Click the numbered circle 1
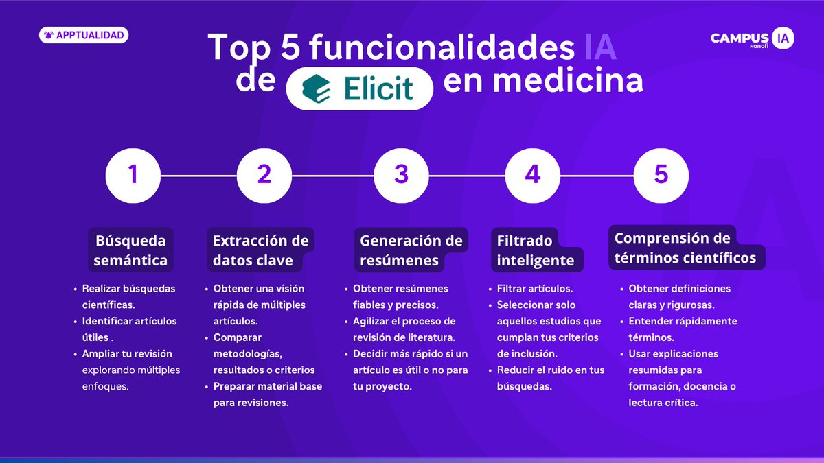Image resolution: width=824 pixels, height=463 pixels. (x=133, y=175)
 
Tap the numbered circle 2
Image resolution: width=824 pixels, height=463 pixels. (x=264, y=175)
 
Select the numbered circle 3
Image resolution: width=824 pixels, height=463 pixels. (x=401, y=175)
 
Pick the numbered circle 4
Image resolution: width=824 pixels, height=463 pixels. (x=532, y=175)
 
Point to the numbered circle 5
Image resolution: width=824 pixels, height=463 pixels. (x=661, y=175)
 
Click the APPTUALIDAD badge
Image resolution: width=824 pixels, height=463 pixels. (x=84, y=34)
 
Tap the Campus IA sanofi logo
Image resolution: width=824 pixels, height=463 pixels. (x=752, y=39)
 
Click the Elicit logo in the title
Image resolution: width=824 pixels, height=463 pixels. (x=360, y=89)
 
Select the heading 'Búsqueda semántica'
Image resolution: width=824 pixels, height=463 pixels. (x=130, y=250)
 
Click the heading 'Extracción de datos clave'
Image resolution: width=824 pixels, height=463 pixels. (x=261, y=250)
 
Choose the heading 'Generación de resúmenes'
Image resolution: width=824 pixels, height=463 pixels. (x=411, y=250)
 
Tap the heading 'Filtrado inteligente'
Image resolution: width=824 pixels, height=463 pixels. (x=536, y=250)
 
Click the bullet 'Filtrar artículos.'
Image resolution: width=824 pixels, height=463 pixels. (x=534, y=289)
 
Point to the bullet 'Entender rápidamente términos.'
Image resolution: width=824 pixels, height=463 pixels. (x=683, y=329)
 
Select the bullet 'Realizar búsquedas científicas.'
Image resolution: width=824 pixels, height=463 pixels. (x=128, y=296)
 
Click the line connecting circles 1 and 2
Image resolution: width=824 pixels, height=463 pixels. (x=198, y=175)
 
